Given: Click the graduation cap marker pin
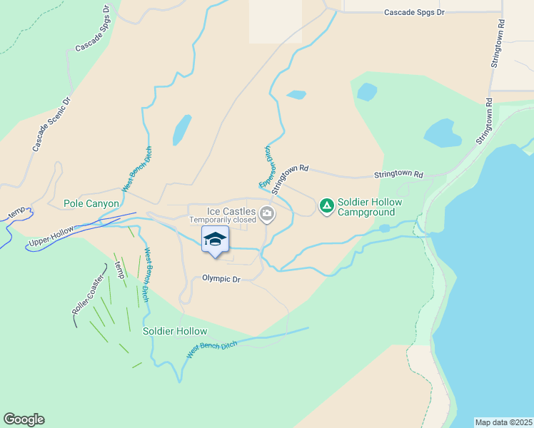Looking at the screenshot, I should [x=215, y=240].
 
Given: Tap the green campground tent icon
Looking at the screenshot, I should [x=326, y=206].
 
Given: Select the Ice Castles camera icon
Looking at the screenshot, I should [x=266, y=213].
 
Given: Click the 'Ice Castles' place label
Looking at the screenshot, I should [x=230, y=211].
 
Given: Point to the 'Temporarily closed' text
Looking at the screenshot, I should [x=222, y=220].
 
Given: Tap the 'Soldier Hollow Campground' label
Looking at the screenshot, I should [x=370, y=207].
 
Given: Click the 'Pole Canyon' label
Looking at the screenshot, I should [x=91, y=203].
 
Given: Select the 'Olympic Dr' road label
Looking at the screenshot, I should [x=221, y=279].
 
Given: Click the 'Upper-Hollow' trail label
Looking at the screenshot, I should [x=50, y=238].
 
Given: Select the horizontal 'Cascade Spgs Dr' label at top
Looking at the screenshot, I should [x=414, y=13].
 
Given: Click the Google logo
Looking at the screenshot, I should [x=24, y=419].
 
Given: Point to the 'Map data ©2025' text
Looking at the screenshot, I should [x=503, y=422].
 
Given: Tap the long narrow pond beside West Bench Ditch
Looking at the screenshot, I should [x=181, y=129].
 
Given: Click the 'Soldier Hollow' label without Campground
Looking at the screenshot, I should [x=175, y=331].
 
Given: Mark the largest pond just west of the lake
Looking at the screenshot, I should [x=442, y=133].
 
